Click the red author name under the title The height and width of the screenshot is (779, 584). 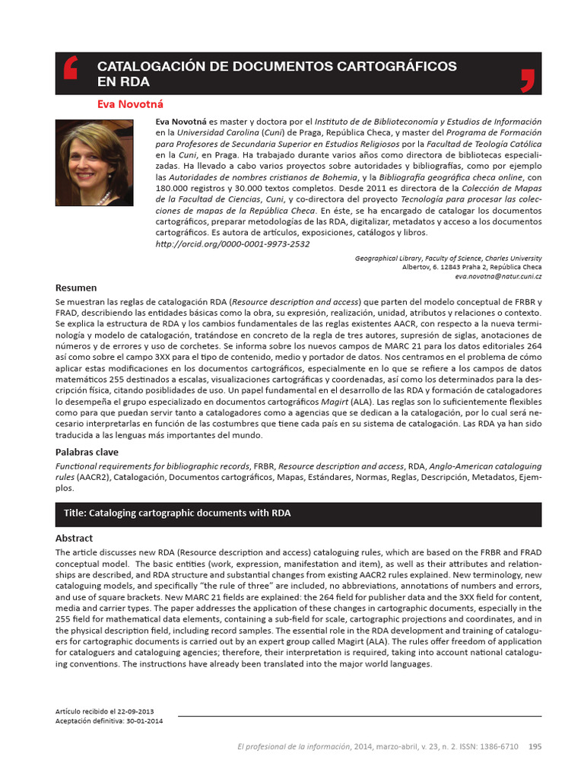(x=130, y=103)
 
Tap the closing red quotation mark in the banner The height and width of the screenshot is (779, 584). (x=527, y=78)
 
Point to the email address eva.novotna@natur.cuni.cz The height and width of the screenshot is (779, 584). (x=499, y=277)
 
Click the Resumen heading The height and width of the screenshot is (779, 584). (x=76, y=288)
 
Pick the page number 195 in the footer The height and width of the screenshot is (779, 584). (x=535, y=746)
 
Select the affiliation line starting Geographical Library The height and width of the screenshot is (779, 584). (x=448, y=259)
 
